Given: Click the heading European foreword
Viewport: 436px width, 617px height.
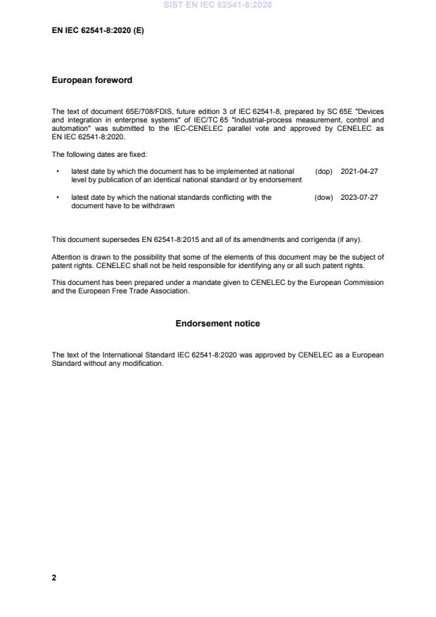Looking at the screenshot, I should pyautogui.click(x=91, y=80).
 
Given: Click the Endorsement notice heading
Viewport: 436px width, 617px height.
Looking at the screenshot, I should pyautogui.click(x=217, y=324).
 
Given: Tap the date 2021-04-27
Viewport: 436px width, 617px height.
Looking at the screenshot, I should pyautogui.click(x=359, y=172).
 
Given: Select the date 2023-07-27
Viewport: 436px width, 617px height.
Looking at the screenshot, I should pyautogui.click(x=359, y=198).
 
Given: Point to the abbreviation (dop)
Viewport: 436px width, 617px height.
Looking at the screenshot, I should pyautogui.click(x=323, y=172).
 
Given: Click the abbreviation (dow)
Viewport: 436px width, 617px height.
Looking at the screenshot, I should pyautogui.click(x=323, y=198).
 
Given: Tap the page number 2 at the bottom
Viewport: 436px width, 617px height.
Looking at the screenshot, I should pyautogui.click(x=54, y=578).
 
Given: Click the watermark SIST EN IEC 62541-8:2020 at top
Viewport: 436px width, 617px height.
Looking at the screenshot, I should pyautogui.click(x=217, y=5).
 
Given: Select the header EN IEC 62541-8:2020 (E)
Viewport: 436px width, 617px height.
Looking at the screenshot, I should pyautogui.click(x=98, y=30).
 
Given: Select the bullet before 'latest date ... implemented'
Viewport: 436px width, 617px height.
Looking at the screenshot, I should pyautogui.click(x=56, y=172).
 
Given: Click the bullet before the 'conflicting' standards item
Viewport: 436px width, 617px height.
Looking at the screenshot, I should pyautogui.click(x=56, y=198).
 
